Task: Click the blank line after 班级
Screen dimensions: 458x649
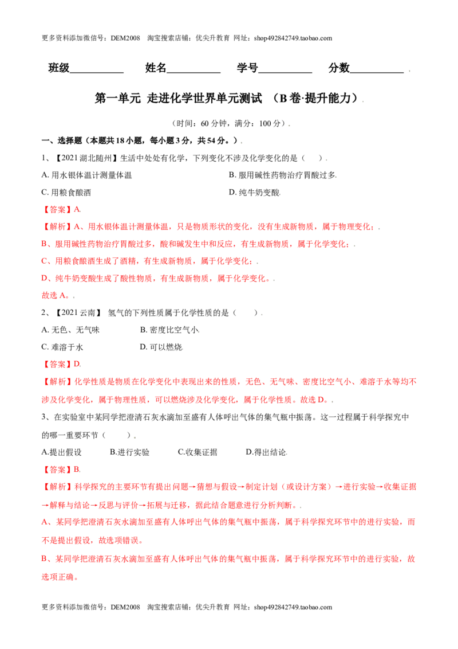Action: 97,73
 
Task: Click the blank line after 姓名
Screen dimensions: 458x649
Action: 194,73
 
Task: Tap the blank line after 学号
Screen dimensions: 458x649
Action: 285,73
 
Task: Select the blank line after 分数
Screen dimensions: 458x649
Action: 377,73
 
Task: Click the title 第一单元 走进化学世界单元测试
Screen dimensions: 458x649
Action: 178,98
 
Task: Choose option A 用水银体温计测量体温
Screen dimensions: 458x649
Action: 87,175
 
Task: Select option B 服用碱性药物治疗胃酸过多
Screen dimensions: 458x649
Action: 283,175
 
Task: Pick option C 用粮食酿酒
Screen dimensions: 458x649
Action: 66,193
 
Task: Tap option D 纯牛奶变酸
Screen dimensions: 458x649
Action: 255,193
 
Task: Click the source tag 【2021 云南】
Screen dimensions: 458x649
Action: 78,313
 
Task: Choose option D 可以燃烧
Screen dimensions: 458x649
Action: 161,347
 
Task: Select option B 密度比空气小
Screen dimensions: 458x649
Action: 170,330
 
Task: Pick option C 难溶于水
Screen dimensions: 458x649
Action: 62,347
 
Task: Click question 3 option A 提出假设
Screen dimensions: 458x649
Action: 62,452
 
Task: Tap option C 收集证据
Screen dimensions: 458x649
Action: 198,452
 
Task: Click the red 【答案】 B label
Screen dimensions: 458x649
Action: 61,470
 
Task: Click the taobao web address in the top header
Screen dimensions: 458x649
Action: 293,38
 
